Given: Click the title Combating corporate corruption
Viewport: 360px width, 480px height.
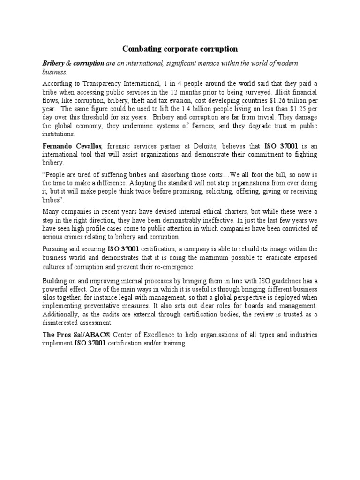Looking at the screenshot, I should pyautogui.click(x=180, y=49).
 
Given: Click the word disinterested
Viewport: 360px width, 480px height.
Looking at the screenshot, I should pyautogui.click(x=64, y=323).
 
